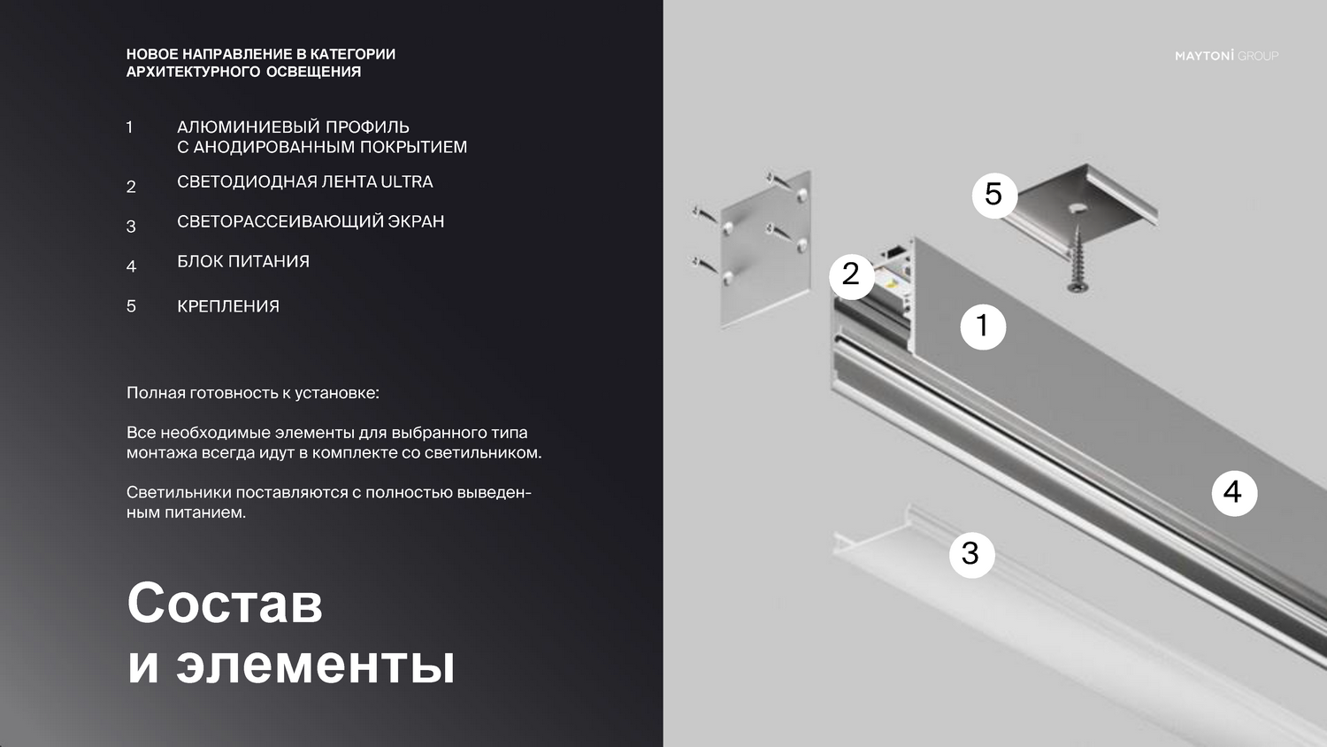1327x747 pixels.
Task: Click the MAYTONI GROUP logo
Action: point(1226,56)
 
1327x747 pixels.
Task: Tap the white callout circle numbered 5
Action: point(994,195)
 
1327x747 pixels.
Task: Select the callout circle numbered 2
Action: point(852,275)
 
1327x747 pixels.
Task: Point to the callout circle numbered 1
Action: point(983,327)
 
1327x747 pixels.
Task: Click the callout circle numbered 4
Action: point(1235,493)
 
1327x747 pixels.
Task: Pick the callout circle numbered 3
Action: point(971,554)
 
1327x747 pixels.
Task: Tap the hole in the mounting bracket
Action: point(1077,207)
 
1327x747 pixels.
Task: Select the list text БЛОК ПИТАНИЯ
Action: point(243,261)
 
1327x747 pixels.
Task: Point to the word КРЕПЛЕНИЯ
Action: point(228,306)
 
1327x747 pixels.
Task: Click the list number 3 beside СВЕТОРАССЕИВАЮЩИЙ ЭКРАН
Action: point(131,227)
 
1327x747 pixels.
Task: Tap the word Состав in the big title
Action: point(225,603)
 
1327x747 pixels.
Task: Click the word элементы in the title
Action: point(315,666)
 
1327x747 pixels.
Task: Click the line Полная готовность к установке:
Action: point(253,393)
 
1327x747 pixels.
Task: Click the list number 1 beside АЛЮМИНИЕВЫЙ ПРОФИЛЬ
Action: point(129,127)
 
